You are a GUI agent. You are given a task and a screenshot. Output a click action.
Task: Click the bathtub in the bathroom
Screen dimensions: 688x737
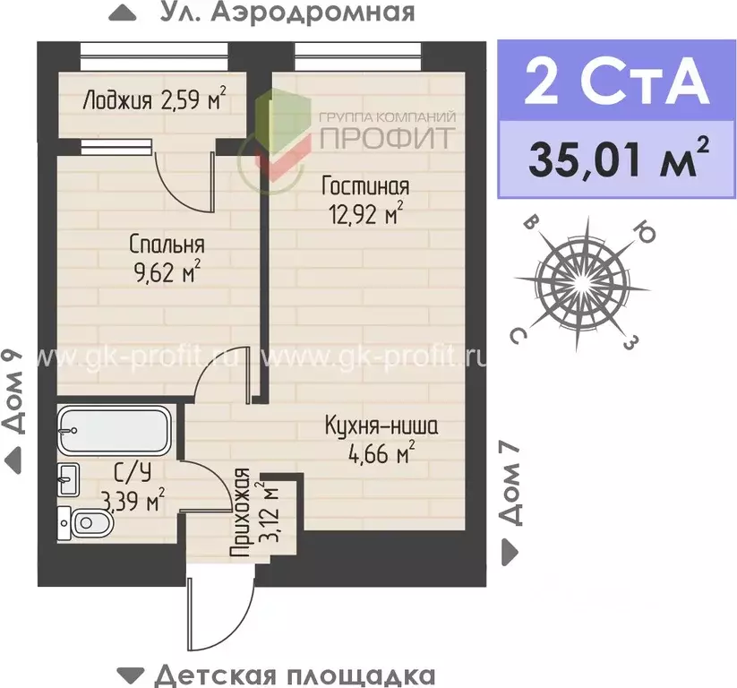click(114, 432)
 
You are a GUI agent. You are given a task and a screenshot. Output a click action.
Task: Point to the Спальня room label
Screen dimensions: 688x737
click(167, 244)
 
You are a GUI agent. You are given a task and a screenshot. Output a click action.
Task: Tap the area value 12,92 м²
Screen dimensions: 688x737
click(366, 215)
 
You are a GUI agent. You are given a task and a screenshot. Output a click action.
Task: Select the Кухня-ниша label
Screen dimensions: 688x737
click(381, 426)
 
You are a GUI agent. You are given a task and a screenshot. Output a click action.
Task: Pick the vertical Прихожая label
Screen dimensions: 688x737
click(239, 514)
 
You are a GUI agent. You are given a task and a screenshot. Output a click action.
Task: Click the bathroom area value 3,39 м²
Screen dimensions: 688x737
click(133, 501)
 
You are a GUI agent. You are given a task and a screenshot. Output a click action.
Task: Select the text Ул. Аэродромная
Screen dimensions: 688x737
click(287, 13)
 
